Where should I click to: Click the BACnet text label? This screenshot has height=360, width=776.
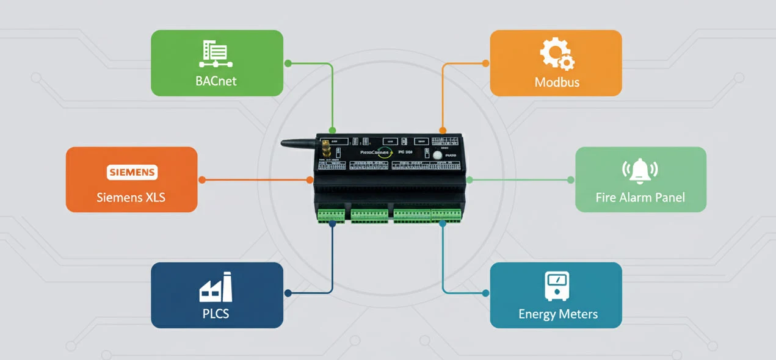click(x=216, y=81)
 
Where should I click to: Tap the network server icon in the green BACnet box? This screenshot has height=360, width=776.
click(x=216, y=54)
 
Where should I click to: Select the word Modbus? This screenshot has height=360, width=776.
click(x=557, y=82)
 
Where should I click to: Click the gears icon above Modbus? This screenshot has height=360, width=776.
click(x=557, y=54)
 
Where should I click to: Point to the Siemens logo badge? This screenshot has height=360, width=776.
click(x=132, y=173)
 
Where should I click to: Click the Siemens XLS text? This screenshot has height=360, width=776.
click(x=131, y=198)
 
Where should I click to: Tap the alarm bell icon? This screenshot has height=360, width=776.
click(x=640, y=171)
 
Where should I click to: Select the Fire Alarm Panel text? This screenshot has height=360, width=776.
click(x=640, y=197)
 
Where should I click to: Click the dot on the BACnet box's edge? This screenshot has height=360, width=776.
click(x=288, y=63)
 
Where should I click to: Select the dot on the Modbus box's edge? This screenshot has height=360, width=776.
click(x=486, y=63)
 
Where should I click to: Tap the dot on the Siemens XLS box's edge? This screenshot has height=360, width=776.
click(x=202, y=179)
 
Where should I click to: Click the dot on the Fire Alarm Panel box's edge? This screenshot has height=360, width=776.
click(x=571, y=179)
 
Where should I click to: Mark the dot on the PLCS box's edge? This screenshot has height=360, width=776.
click(x=288, y=293)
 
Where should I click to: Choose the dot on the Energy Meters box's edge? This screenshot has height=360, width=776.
click(x=486, y=293)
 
